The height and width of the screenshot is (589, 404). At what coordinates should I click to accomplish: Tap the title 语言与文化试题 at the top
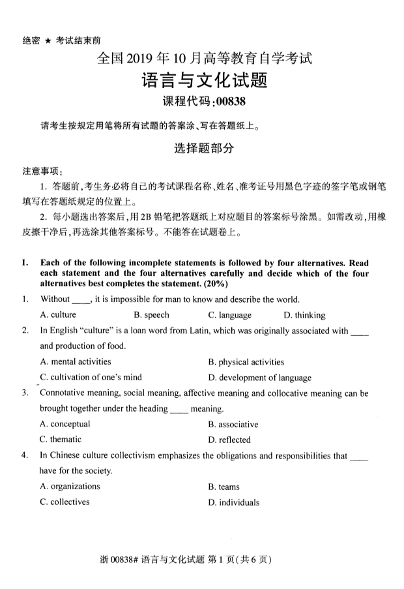pos(203,81)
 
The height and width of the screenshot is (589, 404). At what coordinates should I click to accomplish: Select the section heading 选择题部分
pos(203,148)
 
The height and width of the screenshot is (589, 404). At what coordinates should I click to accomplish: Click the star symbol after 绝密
pos(48,40)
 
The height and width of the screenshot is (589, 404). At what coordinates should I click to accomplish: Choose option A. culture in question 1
pos(58,315)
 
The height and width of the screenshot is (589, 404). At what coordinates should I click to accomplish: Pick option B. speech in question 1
pos(151,315)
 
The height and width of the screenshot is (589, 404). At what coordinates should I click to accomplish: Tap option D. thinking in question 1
pos(305,315)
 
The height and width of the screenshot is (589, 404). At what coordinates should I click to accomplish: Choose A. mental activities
pos(76,361)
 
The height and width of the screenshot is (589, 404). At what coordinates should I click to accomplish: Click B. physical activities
pos(246,362)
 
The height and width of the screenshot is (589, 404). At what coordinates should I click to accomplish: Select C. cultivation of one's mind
pos(91,377)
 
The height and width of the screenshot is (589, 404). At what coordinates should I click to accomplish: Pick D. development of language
pos(260,378)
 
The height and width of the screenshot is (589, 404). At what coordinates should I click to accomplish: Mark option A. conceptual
pos(65,424)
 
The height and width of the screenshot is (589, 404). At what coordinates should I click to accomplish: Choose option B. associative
pos(233,424)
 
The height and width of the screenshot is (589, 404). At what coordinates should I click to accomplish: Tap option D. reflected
pos(229,440)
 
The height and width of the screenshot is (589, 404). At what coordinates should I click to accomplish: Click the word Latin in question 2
pos(224,331)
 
